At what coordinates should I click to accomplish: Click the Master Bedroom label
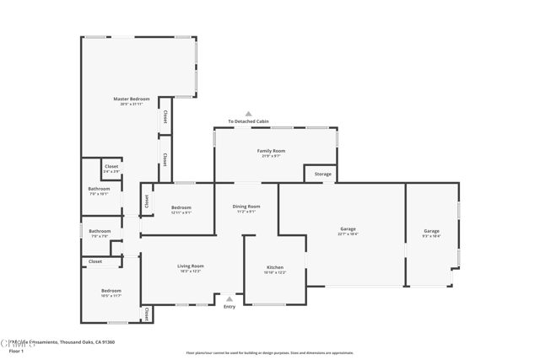(x=132, y=99)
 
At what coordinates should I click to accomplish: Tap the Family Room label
(x=271, y=151)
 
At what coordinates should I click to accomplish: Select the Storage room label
(x=323, y=174)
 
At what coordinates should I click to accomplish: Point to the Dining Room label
(x=246, y=206)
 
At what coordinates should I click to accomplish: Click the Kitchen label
(x=275, y=267)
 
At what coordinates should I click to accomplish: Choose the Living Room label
(x=190, y=266)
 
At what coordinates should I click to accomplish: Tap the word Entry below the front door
(x=229, y=307)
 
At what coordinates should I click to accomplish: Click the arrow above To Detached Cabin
(x=248, y=114)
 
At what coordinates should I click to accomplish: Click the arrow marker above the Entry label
(x=229, y=298)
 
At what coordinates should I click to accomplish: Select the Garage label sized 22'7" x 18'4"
(x=348, y=228)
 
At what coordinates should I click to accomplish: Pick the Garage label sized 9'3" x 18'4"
(x=431, y=231)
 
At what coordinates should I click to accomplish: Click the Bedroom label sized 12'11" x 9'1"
(x=181, y=207)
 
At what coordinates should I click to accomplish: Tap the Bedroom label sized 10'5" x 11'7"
(x=111, y=291)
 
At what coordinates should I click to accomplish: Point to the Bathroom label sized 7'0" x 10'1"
(x=99, y=189)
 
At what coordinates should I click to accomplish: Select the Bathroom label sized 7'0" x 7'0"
(x=100, y=231)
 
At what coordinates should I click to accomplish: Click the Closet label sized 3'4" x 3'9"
(x=111, y=167)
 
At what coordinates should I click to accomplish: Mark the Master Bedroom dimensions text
(x=132, y=104)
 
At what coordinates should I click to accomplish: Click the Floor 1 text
(x=16, y=351)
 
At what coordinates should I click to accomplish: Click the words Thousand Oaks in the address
(x=74, y=342)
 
